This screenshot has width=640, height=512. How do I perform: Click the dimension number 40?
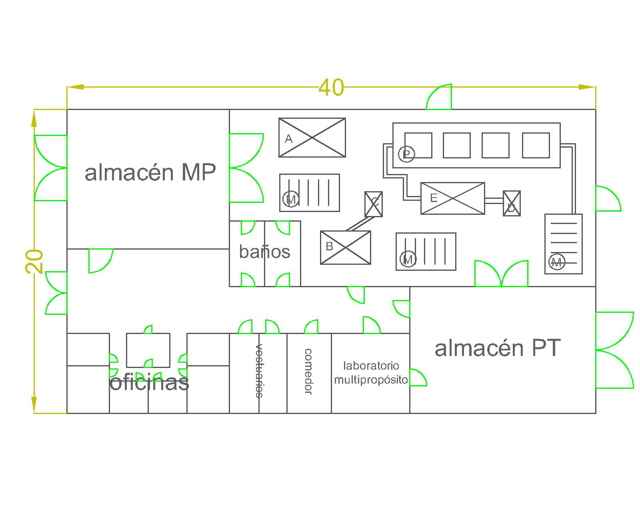[x=331, y=88]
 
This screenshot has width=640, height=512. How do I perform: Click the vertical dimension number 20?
[x=34, y=261]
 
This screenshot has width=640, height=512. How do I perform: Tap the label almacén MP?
[x=150, y=172]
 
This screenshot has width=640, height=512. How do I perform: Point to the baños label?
[x=264, y=252]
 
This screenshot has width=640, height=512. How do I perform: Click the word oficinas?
[x=149, y=382]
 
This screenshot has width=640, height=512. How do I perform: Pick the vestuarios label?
[x=259, y=371]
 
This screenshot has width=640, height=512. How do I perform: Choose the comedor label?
[x=308, y=372]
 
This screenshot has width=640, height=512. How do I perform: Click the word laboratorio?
[x=371, y=366]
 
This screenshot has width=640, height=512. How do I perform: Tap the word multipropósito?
[x=371, y=380]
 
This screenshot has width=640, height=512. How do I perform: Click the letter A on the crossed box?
[x=288, y=139]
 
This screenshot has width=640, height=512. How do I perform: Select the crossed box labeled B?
[x=345, y=248]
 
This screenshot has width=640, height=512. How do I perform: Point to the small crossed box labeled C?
[x=374, y=204]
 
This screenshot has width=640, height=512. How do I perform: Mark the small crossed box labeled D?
[x=512, y=204]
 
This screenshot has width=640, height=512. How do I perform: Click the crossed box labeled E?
[x=453, y=198]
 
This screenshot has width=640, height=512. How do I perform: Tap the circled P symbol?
[x=406, y=154]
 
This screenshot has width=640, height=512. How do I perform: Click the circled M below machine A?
[x=291, y=199]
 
